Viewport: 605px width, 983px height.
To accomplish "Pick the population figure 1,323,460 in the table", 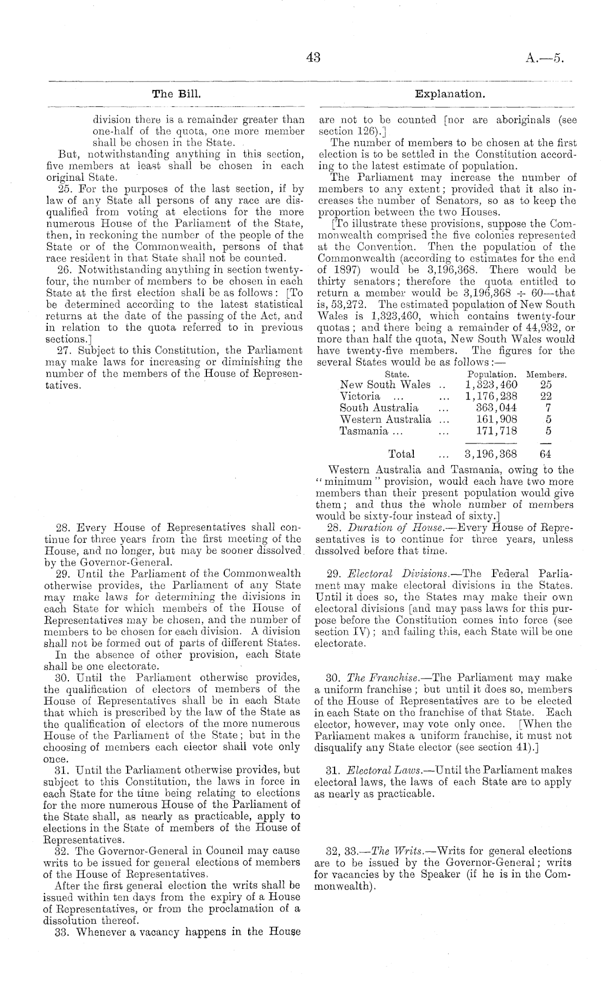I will point(491,385).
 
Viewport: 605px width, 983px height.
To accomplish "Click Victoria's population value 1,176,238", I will point(491,396).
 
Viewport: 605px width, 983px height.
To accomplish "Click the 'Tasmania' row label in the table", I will point(360,431).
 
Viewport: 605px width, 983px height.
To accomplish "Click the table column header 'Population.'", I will point(492,375).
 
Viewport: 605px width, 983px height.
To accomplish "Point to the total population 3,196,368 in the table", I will point(491,454).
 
